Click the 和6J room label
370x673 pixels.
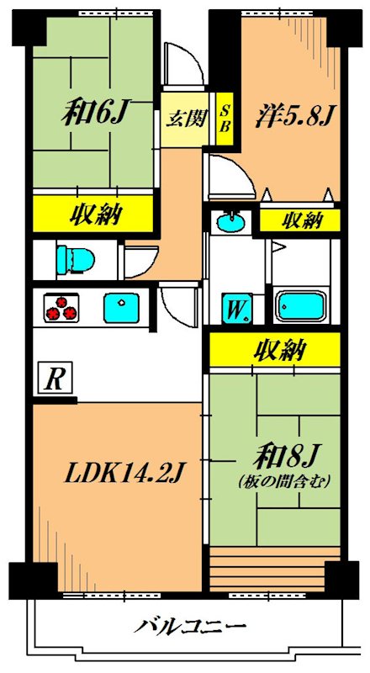point(93,114)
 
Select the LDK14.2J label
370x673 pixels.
point(125,476)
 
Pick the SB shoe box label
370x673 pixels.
point(225,117)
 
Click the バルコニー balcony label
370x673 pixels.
point(190,627)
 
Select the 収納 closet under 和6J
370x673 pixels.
point(94,215)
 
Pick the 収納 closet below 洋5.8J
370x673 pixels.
point(300,220)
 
